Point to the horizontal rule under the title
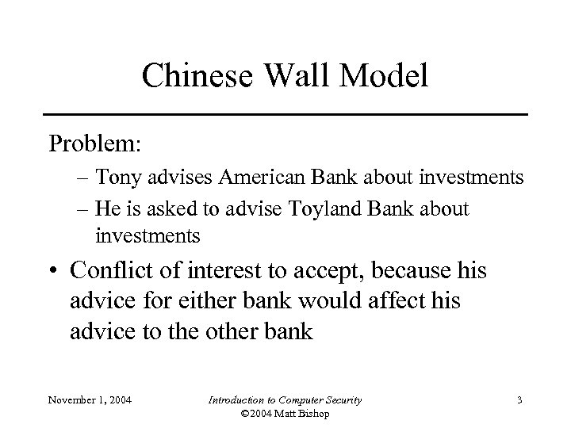pos(285,115)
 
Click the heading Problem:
pos(94,146)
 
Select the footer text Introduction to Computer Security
pos(285,400)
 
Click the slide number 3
pos(518,400)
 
